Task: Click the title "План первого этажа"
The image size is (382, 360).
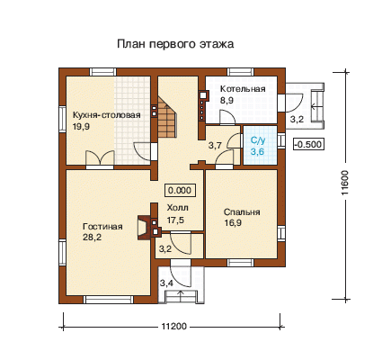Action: point(175,44)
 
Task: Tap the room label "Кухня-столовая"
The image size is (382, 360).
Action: point(107,115)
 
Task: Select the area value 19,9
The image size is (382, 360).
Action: point(81,127)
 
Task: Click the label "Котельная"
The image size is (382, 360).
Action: point(243,89)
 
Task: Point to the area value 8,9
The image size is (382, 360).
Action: point(227,101)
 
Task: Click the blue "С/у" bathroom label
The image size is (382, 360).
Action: point(258,140)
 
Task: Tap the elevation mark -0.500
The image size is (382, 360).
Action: point(308,144)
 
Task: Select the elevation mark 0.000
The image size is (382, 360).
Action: point(180,191)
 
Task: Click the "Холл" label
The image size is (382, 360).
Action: point(178,208)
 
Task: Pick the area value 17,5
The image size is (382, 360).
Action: point(175,220)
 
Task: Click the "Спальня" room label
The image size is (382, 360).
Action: point(242,212)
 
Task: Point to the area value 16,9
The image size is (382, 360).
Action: point(233,223)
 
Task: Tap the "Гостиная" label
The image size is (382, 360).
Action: point(102,226)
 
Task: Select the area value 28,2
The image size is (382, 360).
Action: point(92,238)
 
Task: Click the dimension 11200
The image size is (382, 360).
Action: point(173,326)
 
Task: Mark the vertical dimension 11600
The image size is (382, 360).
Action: point(345,183)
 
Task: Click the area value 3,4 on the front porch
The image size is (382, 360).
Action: point(166,283)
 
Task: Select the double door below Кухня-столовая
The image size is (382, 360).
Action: point(100,157)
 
